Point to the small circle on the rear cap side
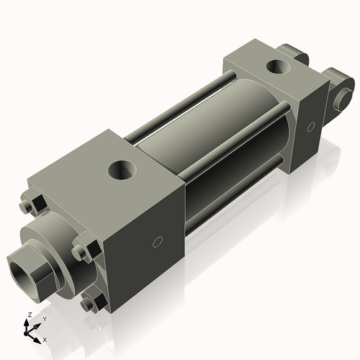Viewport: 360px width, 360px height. point(310,126)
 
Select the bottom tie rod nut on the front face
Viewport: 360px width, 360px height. point(90,305)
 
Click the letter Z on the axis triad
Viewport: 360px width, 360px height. point(29,315)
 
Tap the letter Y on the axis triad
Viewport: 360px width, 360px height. point(44,318)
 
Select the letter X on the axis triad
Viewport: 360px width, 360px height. point(45,338)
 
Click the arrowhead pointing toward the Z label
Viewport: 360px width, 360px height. point(30,323)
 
